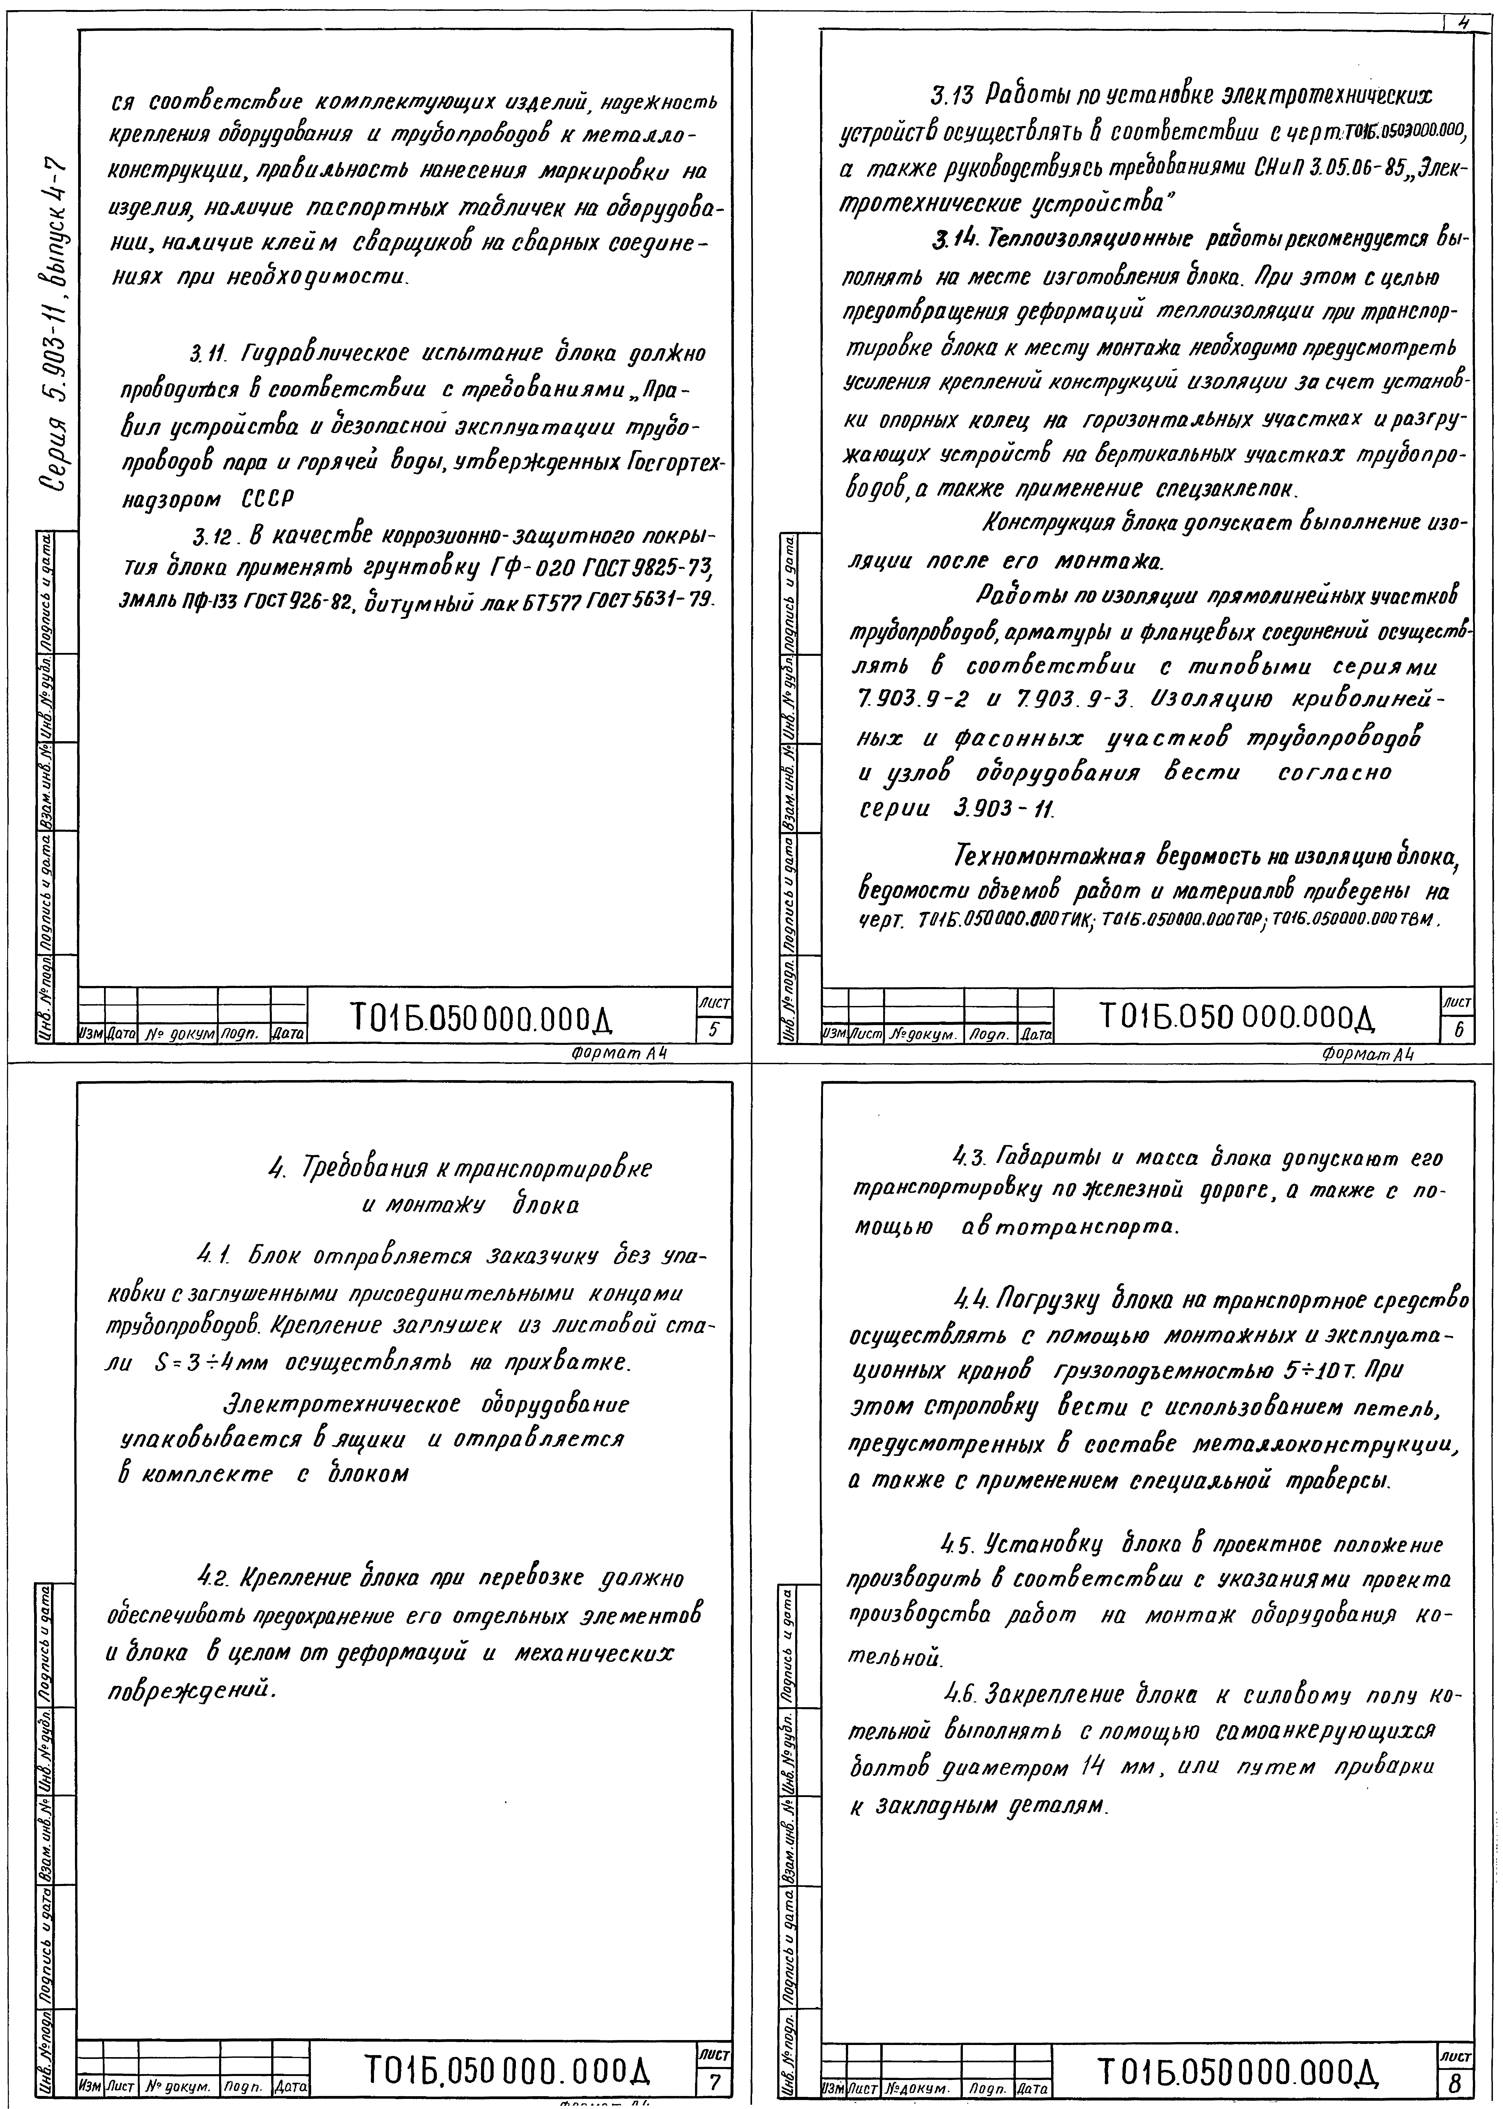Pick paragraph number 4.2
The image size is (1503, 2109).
[x=212, y=1577]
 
